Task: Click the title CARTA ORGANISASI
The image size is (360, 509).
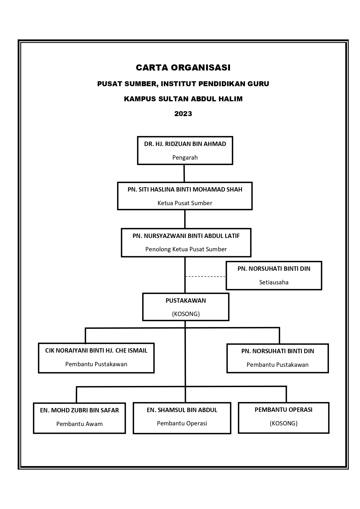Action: click(183, 68)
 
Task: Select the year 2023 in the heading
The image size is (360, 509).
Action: click(183, 114)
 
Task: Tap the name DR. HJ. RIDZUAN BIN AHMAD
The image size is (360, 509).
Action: click(185, 144)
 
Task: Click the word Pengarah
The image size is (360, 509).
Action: click(185, 158)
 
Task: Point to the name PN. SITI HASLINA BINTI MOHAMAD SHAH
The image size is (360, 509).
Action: click(185, 189)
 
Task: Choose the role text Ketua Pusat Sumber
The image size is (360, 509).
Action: click(185, 203)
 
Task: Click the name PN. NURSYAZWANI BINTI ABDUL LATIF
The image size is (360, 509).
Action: click(186, 236)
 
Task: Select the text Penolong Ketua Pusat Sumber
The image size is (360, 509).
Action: click(186, 249)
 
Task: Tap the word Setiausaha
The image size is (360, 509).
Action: click(274, 282)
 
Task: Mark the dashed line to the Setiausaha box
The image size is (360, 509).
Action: click(205, 277)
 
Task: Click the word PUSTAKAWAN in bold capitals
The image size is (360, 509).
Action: click(186, 301)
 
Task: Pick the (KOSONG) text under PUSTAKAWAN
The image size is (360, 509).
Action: click(186, 314)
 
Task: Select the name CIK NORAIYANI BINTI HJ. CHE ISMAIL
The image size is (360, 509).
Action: click(96, 351)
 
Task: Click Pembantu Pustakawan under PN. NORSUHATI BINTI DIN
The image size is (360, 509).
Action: click(278, 365)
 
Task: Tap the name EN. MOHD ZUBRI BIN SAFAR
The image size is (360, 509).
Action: click(79, 410)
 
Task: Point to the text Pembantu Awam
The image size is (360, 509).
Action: click(79, 424)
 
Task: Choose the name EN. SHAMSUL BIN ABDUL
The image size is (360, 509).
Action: click(182, 410)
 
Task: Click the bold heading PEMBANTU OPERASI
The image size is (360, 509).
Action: click(283, 410)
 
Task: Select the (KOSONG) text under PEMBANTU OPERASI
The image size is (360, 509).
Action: click(284, 423)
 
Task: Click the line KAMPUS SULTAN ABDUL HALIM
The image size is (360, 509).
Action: click(183, 99)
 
